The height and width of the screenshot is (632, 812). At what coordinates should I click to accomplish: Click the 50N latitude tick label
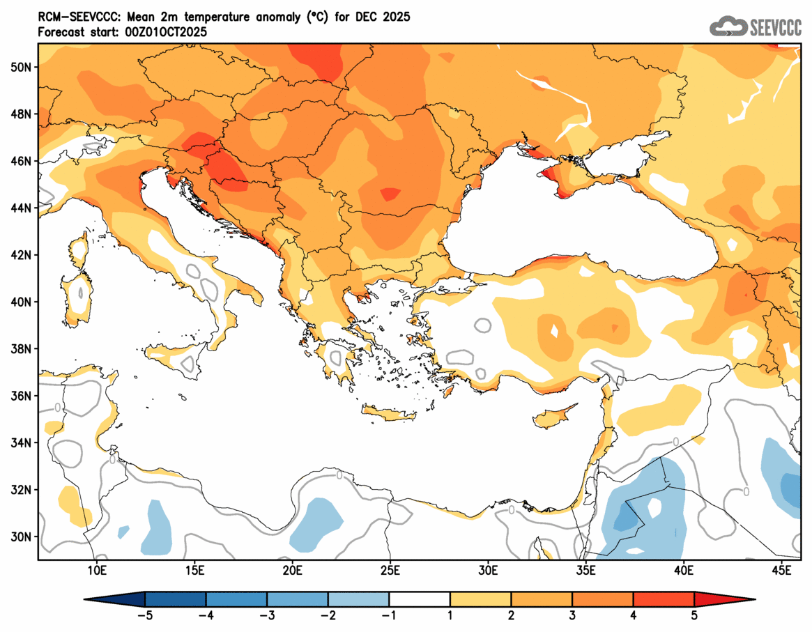(x=21, y=67)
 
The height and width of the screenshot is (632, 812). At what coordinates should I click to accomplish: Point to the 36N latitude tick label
(x=21, y=396)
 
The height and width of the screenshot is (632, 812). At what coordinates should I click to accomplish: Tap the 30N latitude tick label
(x=21, y=537)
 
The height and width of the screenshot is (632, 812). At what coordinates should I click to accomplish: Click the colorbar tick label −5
(x=145, y=615)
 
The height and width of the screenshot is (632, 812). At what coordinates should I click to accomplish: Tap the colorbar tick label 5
(x=694, y=615)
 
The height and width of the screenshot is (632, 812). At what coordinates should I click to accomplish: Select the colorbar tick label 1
(x=450, y=615)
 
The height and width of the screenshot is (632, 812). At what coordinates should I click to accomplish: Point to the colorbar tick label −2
(x=328, y=615)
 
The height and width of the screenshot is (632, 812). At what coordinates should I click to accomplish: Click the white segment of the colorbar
(x=420, y=599)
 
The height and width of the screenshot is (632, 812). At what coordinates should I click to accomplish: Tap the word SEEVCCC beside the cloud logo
(x=776, y=27)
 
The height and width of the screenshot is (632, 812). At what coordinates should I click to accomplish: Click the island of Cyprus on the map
(x=554, y=417)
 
